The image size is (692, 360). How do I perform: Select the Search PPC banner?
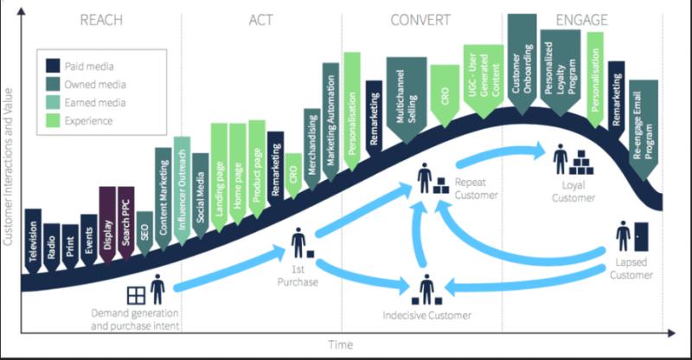[x=125, y=223]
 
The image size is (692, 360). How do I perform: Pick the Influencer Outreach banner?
[x=182, y=190]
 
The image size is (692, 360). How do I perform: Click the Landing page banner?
[x=220, y=177]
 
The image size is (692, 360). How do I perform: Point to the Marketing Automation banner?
[x=331, y=121]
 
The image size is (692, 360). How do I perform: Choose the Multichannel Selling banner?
[x=407, y=100]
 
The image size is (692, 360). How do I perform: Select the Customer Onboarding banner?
[x=522, y=65]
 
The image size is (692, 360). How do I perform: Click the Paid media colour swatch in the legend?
[x=53, y=66]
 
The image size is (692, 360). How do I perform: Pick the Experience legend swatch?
[x=53, y=120]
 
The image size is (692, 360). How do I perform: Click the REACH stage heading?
[x=101, y=20]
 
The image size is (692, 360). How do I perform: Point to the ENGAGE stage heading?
[x=581, y=20]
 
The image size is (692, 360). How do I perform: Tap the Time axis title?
[x=340, y=344]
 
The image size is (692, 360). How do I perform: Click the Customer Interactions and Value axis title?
[x=8, y=166]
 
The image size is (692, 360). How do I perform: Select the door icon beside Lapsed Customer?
[x=641, y=237]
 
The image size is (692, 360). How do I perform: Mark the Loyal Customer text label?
[x=573, y=191]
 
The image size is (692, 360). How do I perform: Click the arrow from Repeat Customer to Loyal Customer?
[x=502, y=154]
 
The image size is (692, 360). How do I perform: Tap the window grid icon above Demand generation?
[x=136, y=295]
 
